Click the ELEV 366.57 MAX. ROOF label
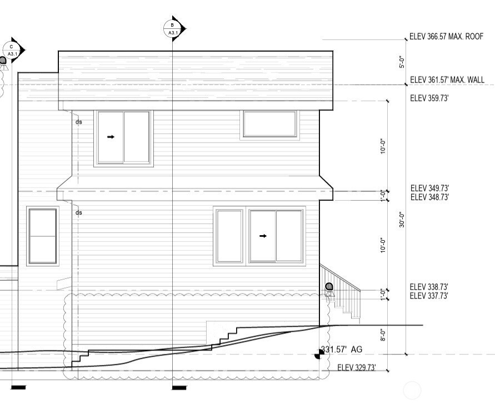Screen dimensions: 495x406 tap(446, 37)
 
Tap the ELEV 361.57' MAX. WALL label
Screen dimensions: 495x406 tap(447, 80)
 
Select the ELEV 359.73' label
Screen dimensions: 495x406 tap(429, 98)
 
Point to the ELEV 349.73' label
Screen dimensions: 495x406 tap(429, 188)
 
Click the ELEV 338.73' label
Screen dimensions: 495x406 tap(429, 287)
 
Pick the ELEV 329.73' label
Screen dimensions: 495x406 tap(357, 368)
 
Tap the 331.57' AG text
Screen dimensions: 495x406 tap(342, 349)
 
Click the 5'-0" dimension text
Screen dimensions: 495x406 tap(402, 62)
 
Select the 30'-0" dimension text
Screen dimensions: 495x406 tap(402, 220)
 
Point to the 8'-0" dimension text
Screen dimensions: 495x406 tap(383, 335)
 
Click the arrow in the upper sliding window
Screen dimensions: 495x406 tap(111, 137)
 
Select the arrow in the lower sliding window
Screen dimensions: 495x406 tap(263, 236)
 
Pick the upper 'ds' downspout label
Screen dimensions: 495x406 tap(78, 121)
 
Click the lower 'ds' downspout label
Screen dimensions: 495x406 tap(78, 213)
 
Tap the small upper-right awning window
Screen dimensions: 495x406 tap(270, 124)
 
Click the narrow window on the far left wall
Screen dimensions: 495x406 tap(43, 236)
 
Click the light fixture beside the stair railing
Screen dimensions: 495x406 tap(329, 290)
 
